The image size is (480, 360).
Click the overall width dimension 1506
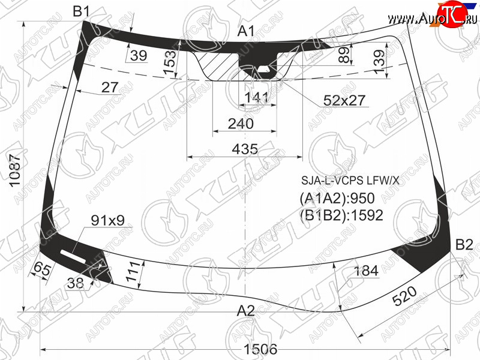pyautogui.click(x=260, y=349)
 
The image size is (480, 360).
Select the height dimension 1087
pyautogui.click(x=15, y=170)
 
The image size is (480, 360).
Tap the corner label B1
pyautogui.click(x=82, y=11)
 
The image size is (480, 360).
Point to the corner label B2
pyautogui.click(x=464, y=245)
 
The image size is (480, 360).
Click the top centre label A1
pyautogui.click(x=246, y=31)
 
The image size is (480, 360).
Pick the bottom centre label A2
pyautogui.click(x=246, y=311)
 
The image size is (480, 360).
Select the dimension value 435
pyautogui.click(x=245, y=149)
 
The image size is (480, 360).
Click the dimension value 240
pyautogui.click(x=241, y=124)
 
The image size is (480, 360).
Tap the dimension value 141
pyautogui.click(x=257, y=98)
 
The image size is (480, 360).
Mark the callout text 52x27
pyautogui.click(x=344, y=100)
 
